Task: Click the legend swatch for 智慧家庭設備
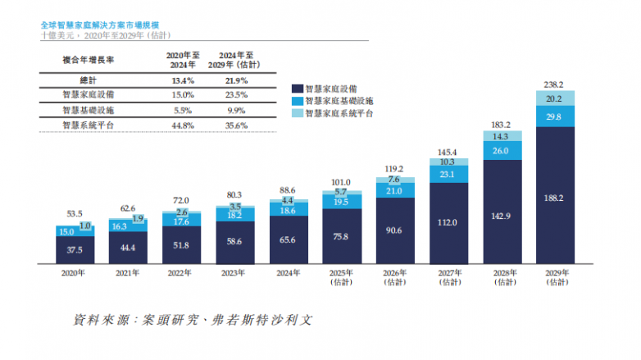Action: [x=297, y=87]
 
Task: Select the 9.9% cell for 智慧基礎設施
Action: [x=235, y=110]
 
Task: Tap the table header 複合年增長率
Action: [x=88, y=60]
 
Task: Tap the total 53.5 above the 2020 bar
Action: [x=75, y=212]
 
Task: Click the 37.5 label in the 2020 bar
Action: [x=75, y=250]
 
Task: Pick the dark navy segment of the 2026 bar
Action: [x=393, y=230]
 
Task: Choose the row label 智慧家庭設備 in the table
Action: [x=88, y=95]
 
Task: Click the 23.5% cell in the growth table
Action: [x=235, y=95]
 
